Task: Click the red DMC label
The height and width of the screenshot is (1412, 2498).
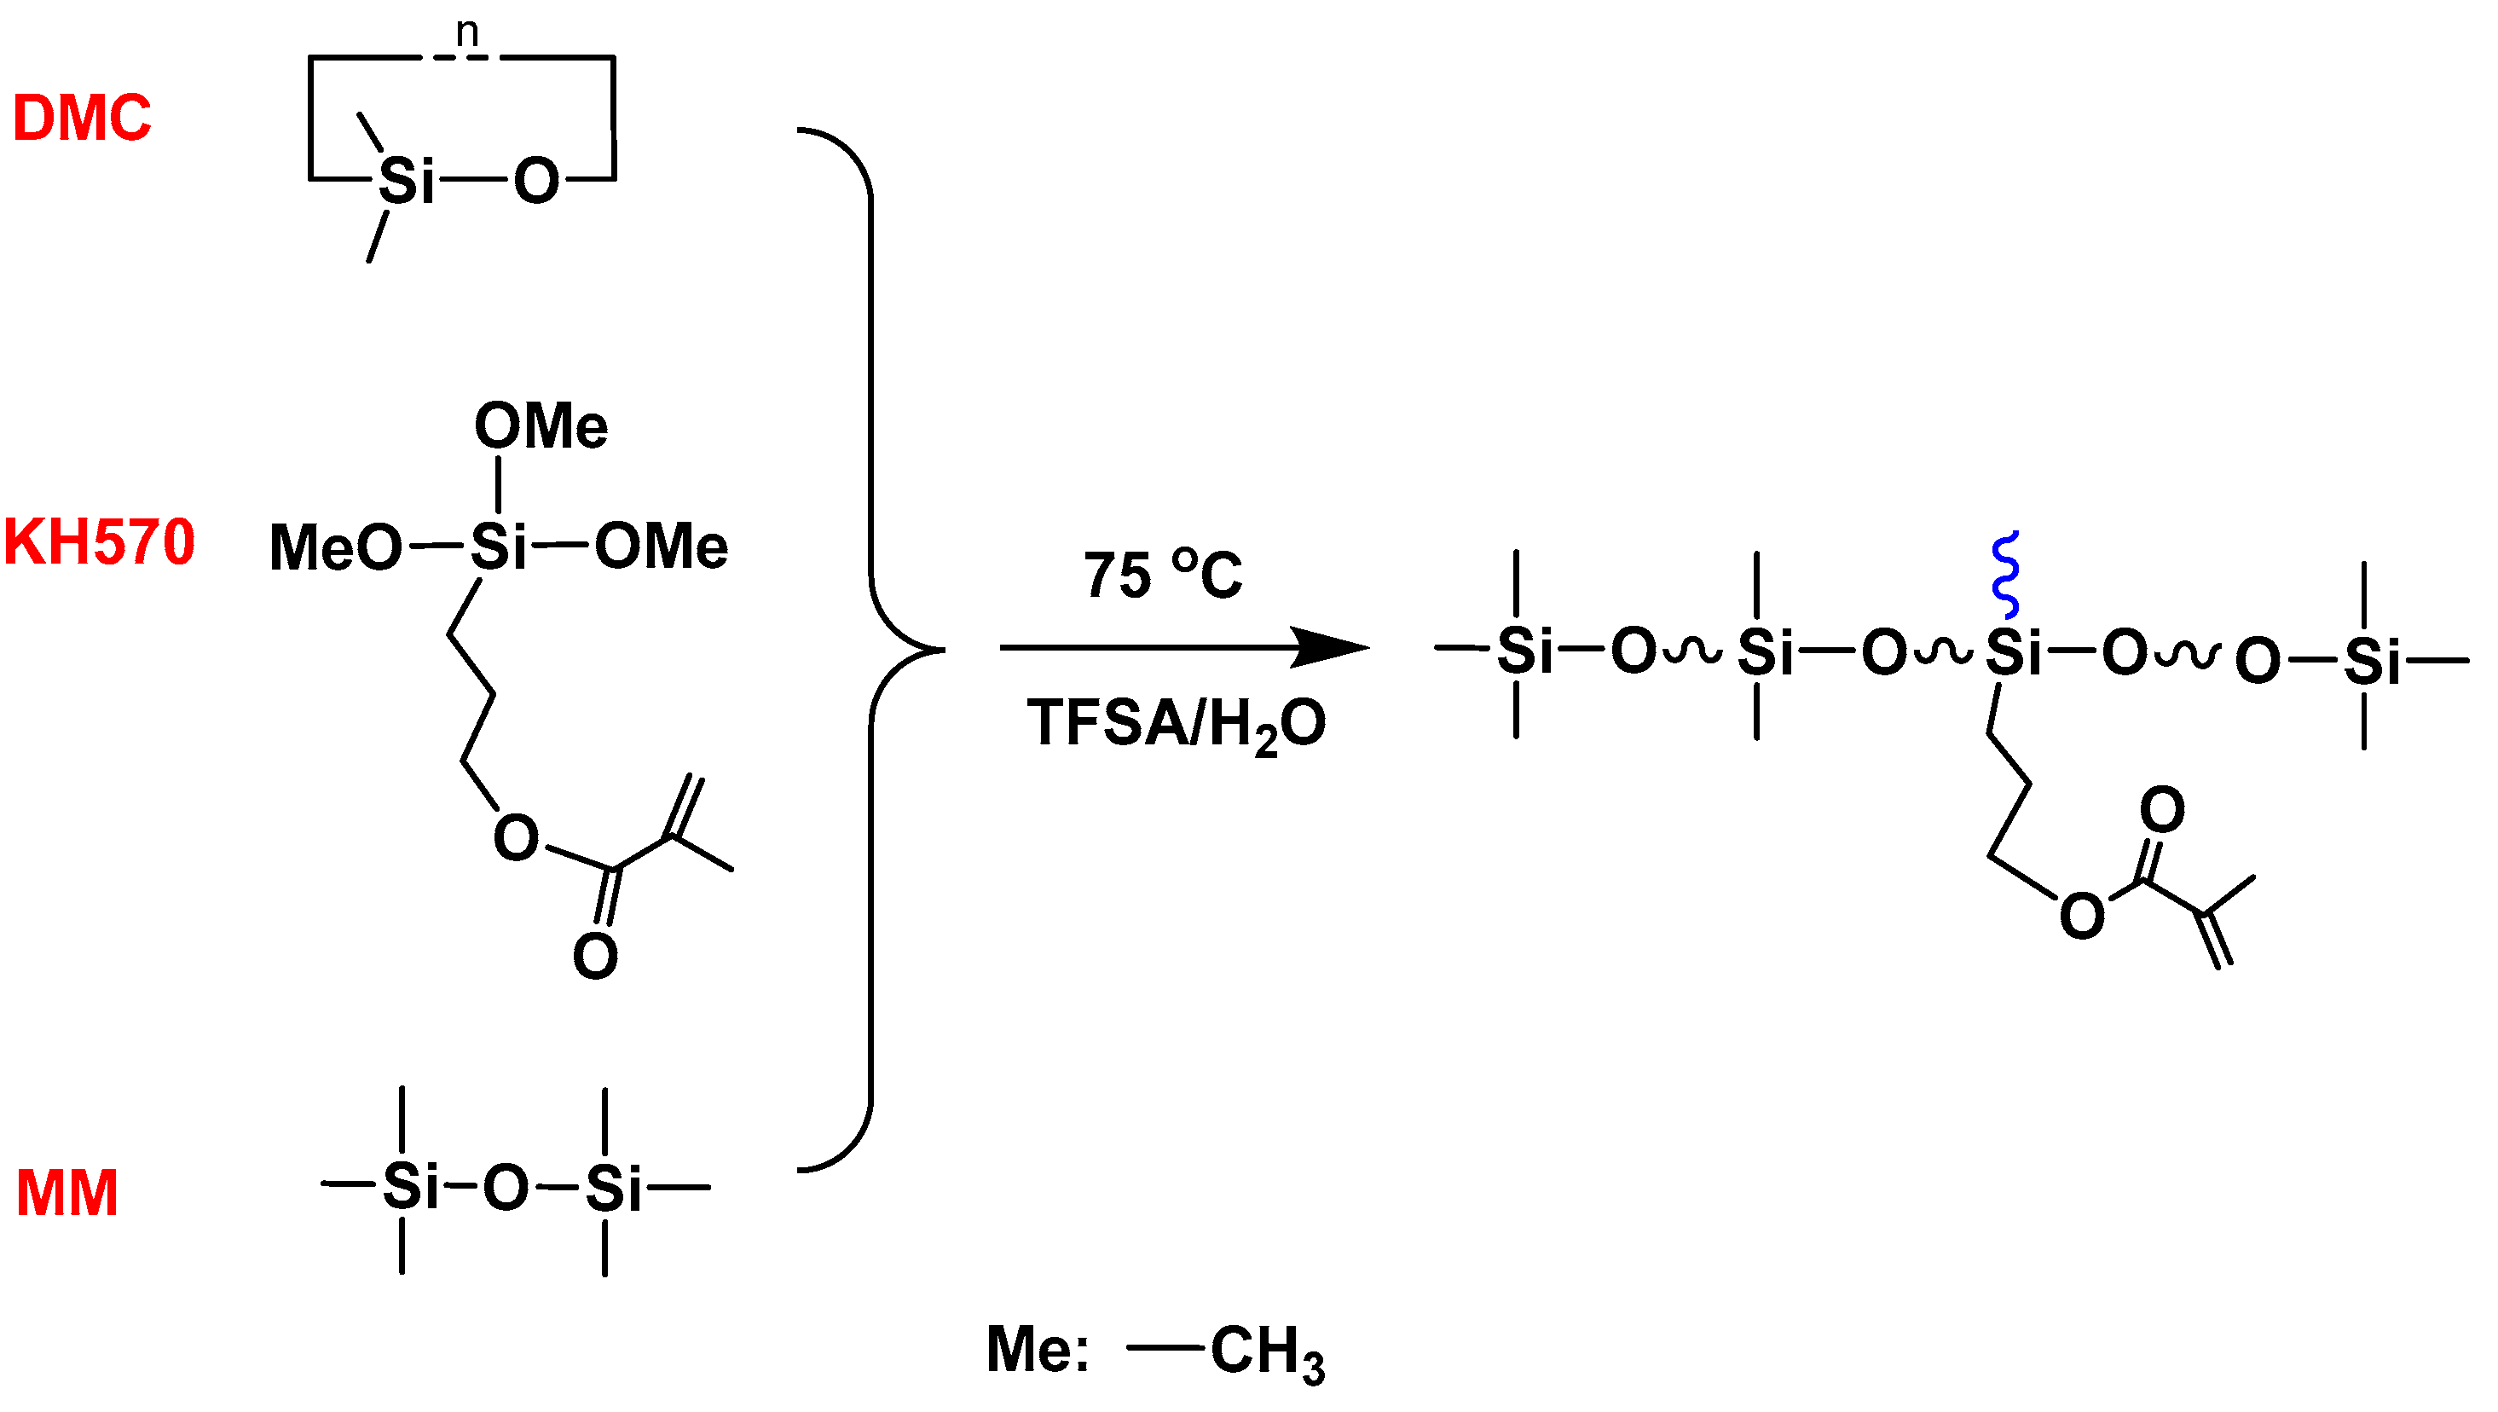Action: (82, 119)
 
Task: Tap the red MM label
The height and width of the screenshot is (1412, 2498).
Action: (66, 1192)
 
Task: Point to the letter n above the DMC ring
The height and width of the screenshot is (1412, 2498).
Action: (467, 32)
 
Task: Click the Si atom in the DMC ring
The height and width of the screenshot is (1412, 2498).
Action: (407, 181)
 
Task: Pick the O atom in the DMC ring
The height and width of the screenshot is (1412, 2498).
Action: (536, 181)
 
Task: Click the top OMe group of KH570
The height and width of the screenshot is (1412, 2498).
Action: (541, 425)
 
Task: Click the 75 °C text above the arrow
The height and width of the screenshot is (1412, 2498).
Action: (1162, 574)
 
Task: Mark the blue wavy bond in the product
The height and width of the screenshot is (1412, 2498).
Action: (2005, 574)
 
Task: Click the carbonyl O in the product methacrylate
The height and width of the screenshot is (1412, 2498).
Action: (2161, 809)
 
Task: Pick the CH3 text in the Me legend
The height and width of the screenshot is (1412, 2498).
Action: (1266, 1351)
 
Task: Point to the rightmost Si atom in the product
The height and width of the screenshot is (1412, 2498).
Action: (2372, 663)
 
